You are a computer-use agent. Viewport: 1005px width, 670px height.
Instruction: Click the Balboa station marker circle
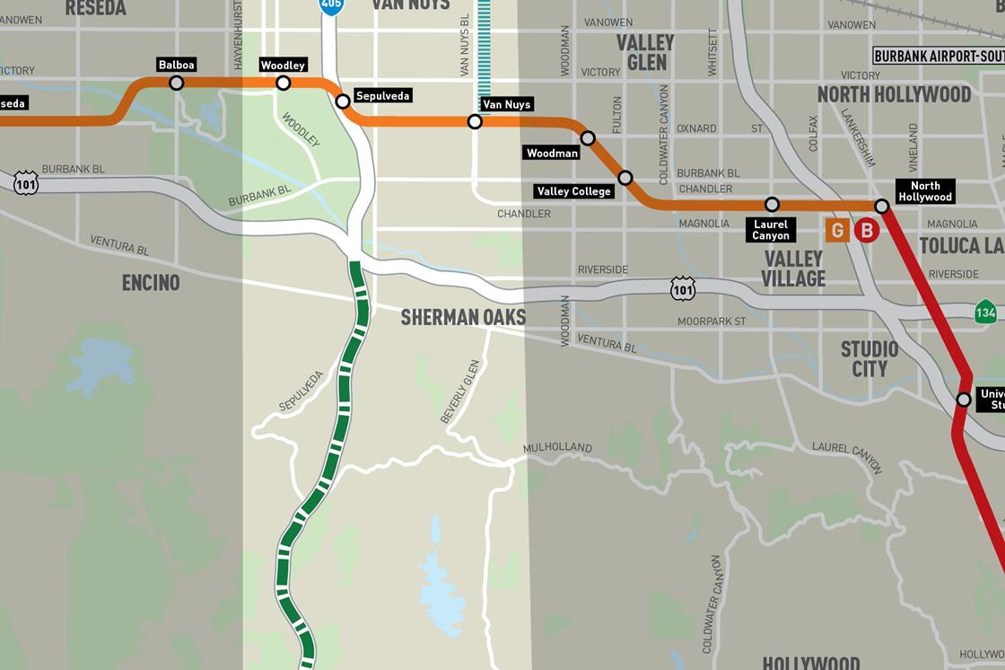point(177,83)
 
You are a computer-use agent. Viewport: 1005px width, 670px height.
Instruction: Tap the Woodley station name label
point(283,65)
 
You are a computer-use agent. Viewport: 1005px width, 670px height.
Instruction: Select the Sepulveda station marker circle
point(342,101)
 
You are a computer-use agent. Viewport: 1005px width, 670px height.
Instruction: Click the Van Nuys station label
point(506,104)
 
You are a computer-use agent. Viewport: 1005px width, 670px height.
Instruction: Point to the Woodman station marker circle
point(588,137)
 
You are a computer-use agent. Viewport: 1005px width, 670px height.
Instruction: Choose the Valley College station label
point(573,190)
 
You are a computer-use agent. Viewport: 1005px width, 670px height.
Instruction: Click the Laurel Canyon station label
point(770,230)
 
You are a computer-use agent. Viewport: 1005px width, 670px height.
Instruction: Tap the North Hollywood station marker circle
point(881,207)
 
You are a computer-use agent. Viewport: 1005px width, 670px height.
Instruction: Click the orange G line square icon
point(837,231)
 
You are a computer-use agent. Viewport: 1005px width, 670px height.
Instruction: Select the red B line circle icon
point(867,231)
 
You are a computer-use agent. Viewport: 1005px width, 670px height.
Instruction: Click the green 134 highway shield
point(986,312)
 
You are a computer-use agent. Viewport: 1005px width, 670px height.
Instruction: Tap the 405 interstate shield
point(331,5)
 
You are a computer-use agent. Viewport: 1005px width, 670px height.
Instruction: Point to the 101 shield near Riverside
point(683,287)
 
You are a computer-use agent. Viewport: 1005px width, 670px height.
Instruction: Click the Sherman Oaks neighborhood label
point(463,317)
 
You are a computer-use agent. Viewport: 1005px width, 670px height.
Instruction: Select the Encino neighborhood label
point(151,283)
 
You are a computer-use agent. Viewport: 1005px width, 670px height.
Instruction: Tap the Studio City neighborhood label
point(869,358)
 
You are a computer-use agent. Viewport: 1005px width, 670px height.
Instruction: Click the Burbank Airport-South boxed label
point(938,56)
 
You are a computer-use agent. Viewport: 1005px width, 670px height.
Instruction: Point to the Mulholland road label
point(558,447)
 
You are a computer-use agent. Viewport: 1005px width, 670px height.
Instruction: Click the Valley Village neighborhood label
point(793,269)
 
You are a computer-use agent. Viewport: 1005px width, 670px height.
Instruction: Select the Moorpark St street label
point(712,321)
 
